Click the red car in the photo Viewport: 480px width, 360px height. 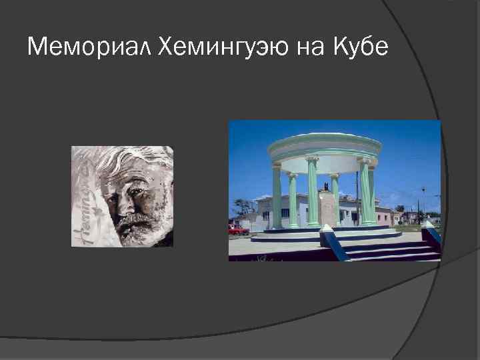click(238, 230)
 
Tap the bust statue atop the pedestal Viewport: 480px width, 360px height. click(325, 187)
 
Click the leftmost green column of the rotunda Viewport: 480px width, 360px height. click(277, 197)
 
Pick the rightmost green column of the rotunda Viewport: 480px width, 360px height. click(371, 193)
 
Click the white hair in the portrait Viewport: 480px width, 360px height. click(133, 160)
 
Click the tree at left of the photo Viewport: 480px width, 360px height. click(241, 207)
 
